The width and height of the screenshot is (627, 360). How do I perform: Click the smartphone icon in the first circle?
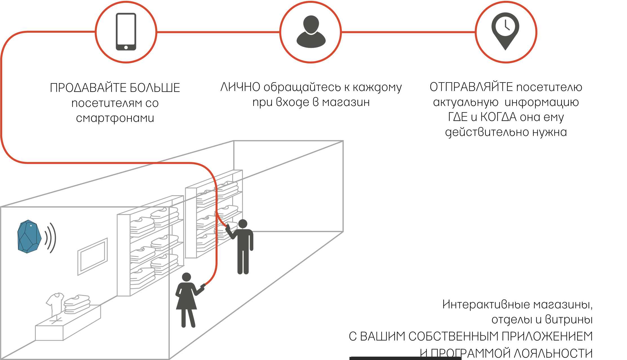pyautogui.click(x=126, y=32)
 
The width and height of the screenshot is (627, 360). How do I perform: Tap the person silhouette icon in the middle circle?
pyautogui.click(x=311, y=32)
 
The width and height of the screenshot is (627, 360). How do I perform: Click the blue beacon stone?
pyautogui.click(x=28, y=237)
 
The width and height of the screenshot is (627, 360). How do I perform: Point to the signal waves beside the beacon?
pyautogui.click(x=51, y=238)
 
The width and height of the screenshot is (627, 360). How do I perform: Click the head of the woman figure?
pyautogui.click(x=187, y=277)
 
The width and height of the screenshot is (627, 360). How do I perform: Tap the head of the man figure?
pyautogui.click(x=243, y=224)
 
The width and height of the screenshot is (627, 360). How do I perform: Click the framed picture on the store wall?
pyautogui.click(x=92, y=256)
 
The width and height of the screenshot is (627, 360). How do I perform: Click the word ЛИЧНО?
pyautogui.click(x=240, y=87)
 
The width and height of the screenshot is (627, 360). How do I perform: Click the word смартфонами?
pyautogui.click(x=115, y=118)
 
